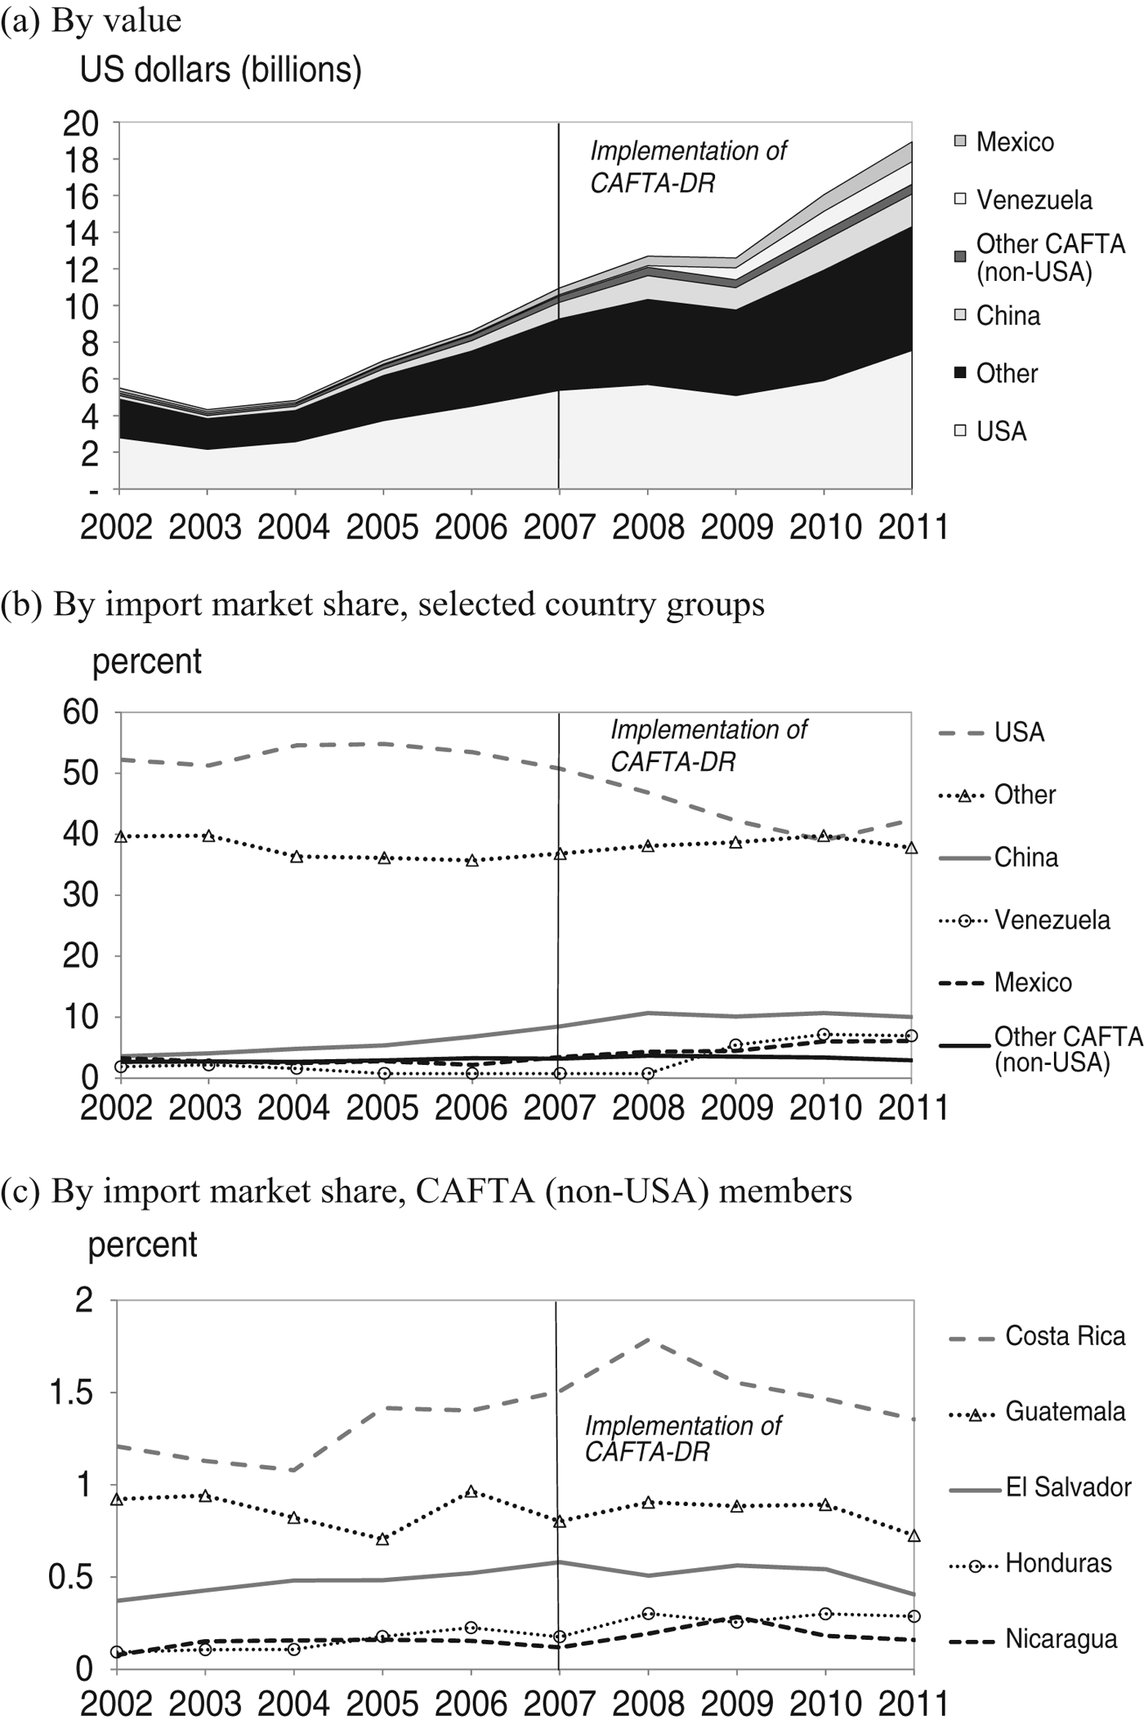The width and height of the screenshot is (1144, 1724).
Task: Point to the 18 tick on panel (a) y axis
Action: pos(81,160)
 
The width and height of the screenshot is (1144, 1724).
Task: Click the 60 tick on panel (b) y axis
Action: pos(81,712)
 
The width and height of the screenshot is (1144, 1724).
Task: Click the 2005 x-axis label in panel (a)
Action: pos(382,528)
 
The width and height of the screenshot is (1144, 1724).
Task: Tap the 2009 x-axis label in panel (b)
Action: pos(736,1107)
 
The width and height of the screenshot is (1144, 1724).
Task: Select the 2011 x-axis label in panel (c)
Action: pos(913,1704)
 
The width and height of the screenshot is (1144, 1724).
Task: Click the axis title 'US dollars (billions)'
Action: pos(221,70)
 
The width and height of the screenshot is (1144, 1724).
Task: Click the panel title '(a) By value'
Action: pos(91,20)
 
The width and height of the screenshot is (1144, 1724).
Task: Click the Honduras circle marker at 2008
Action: pos(648,1614)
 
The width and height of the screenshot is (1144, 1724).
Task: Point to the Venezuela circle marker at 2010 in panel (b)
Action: pos(824,1035)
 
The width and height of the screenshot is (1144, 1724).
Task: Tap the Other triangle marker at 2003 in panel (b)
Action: pos(208,836)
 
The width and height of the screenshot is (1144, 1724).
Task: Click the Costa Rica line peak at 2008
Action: pos(648,1339)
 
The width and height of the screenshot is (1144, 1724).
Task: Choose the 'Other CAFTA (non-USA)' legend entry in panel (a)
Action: pos(1049,257)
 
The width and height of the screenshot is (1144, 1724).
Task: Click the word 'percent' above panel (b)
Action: pos(146,661)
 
